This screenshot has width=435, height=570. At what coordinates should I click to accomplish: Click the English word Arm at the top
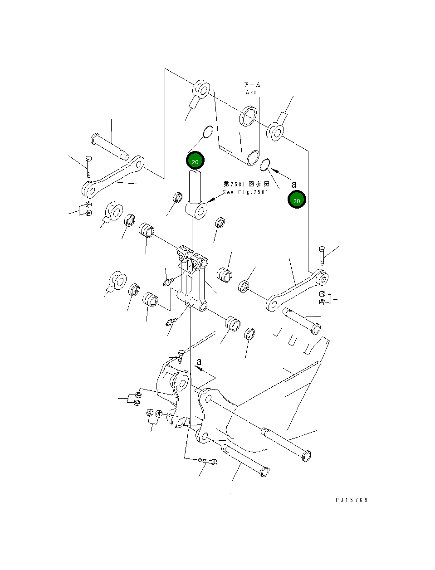(x=251, y=93)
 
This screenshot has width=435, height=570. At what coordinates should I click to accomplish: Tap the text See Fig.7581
(x=245, y=192)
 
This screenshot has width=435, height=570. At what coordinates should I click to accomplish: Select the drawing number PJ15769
(x=352, y=500)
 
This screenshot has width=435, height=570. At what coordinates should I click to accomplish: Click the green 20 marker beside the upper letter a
(x=297, y=200)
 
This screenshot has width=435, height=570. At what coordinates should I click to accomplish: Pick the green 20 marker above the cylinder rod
(x=195, y=161)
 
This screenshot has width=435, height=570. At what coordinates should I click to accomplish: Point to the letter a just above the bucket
(x=199, y=362)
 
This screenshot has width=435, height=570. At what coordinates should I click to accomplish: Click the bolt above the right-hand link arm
(x=322, y=256)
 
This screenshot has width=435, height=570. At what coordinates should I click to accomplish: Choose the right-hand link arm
(x=297, y=290)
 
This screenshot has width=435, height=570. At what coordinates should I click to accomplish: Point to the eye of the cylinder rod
(x=196, y=210)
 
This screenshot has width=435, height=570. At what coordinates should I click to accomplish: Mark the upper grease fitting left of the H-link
(x=168, y=283)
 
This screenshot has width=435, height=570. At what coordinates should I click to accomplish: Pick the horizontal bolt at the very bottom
(x=208, y=462)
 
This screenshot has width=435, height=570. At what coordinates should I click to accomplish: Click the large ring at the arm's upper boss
(x=249, y=117)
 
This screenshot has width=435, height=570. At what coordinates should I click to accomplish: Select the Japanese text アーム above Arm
(x=252, y=85)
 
